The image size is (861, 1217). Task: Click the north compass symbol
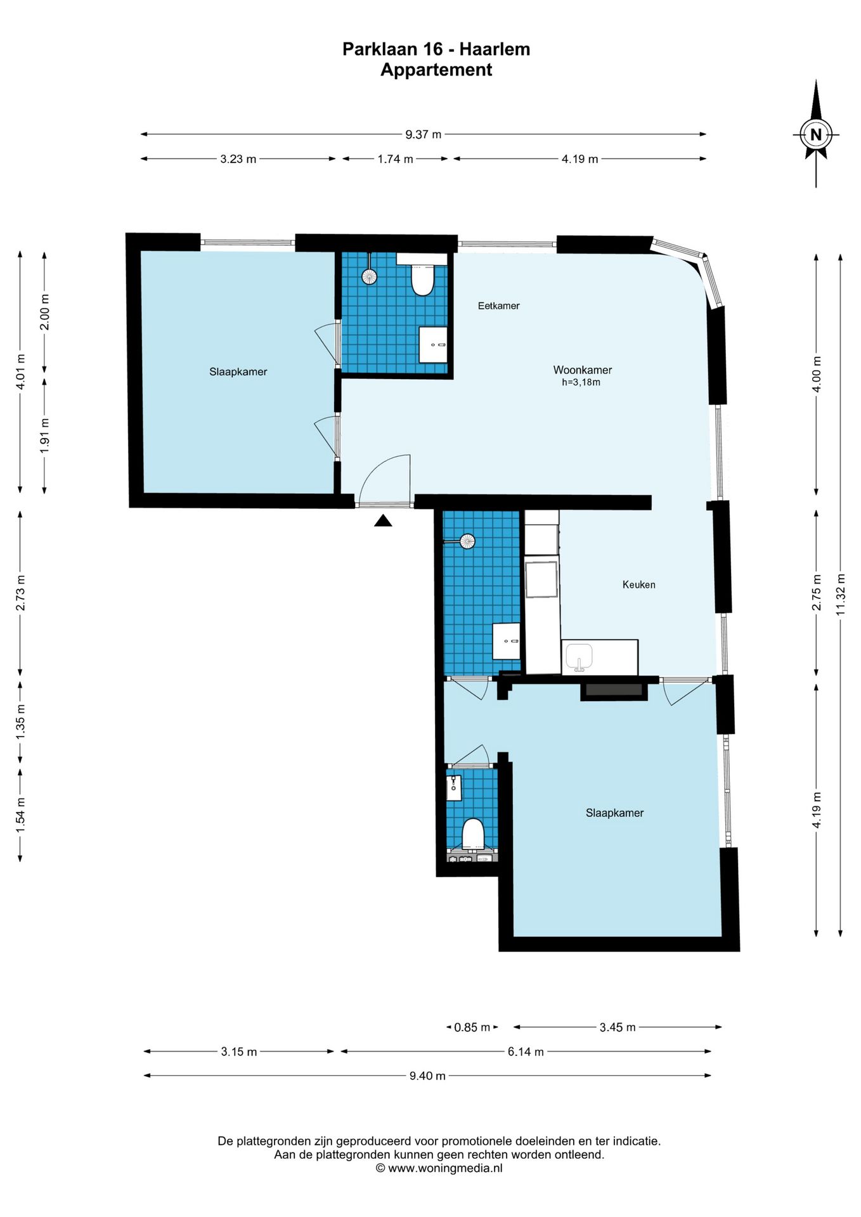(815, 134)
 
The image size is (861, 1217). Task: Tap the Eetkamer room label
(498, 306)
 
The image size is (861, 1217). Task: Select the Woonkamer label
(582, 370)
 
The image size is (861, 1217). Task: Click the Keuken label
(638, 584)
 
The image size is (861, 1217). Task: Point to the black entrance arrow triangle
(383, 520)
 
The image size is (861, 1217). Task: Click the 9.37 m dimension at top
(424, 134)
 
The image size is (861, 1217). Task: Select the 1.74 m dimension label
(395, 159)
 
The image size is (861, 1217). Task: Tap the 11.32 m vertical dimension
(841, 595)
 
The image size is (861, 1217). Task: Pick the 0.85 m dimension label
(472, 1027)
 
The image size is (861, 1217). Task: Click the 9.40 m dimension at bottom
(427, 1076)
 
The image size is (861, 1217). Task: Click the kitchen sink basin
(579, 657)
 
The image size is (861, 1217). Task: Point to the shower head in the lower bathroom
(467, 541)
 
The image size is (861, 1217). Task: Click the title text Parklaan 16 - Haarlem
(436, 49)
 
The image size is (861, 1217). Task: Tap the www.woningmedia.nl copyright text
(439, 1168)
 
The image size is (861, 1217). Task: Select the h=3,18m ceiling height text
(581, 383)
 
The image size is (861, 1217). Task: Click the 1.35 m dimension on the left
(20, 721)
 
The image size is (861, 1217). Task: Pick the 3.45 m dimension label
(618, 1027)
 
